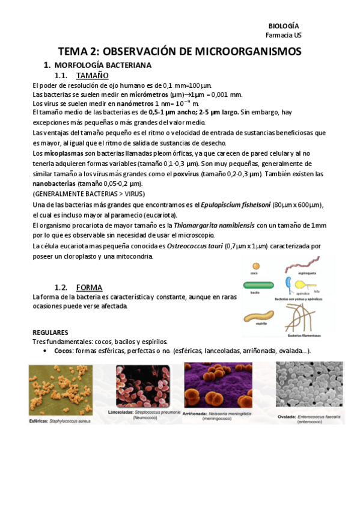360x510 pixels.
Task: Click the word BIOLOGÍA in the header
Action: click(x=283, y=26)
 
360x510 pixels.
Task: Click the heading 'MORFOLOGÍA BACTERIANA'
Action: click(x=103, y=65)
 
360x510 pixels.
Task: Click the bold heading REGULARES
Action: click(x=50, y=332)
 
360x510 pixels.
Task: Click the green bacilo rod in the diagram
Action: click(x=259, y=286)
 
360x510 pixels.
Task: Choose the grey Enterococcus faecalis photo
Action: click(x=309, y=389)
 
